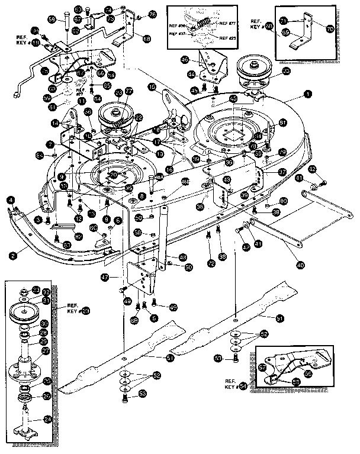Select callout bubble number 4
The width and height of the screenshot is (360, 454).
click(x=11, y=200)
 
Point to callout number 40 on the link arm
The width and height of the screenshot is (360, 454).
click(x=300, y=265)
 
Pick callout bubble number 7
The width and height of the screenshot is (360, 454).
click(x=50, y=144)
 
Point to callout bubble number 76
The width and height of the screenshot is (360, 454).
click(x=153, y=14)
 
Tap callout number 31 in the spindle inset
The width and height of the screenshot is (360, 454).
click(x=45, y=300)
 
